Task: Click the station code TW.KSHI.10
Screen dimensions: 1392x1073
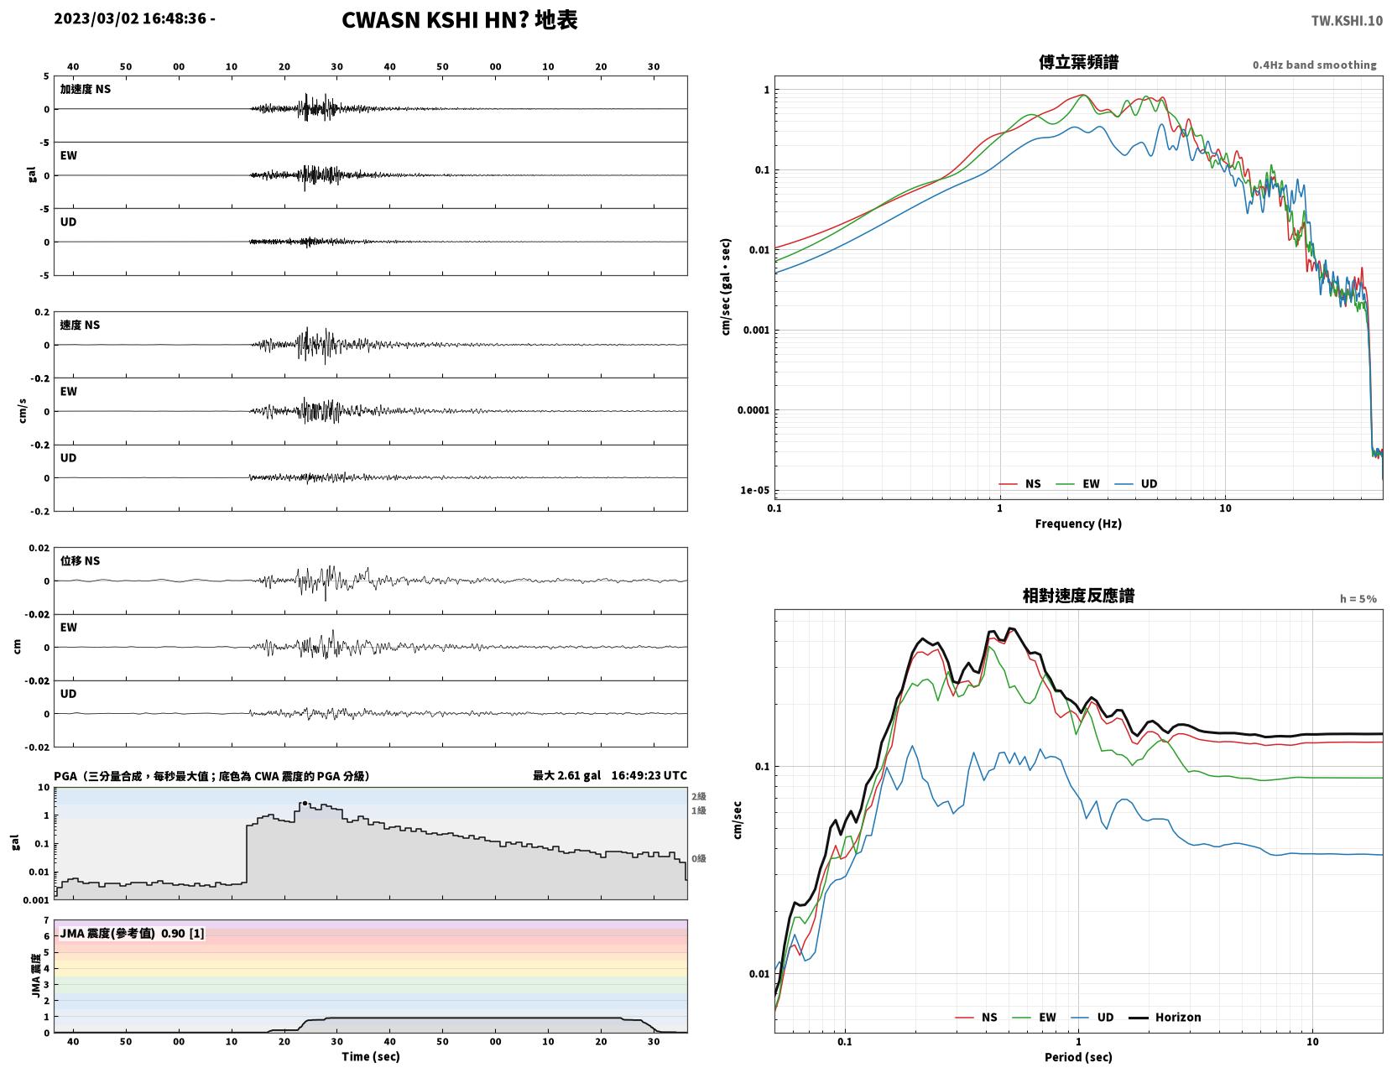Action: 1347,20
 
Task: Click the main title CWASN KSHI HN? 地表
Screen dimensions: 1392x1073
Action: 459,20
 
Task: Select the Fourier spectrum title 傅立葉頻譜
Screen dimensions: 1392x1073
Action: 1078,62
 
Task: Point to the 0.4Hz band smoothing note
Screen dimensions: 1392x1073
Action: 1314,65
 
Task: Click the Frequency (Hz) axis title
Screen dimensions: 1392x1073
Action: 1078,523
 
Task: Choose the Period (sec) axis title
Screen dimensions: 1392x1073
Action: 1078,1056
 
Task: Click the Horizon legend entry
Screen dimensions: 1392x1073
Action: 1165,1017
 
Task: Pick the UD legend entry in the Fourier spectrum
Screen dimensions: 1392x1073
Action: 1136,483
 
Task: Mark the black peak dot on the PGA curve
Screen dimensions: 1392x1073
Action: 305,803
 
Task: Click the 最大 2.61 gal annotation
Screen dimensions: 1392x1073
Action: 567,775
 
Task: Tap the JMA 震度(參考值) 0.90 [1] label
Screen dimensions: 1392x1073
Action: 132,933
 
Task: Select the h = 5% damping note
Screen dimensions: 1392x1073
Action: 1358,599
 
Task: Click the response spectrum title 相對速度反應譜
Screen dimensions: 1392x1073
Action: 1078,596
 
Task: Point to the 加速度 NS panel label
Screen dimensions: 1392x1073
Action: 86,89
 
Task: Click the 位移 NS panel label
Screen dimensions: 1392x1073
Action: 80,560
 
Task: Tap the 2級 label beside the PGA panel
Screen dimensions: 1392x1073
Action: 698,796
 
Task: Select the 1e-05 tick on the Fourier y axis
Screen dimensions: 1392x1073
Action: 754,490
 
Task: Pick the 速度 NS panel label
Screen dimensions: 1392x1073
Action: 80,325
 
